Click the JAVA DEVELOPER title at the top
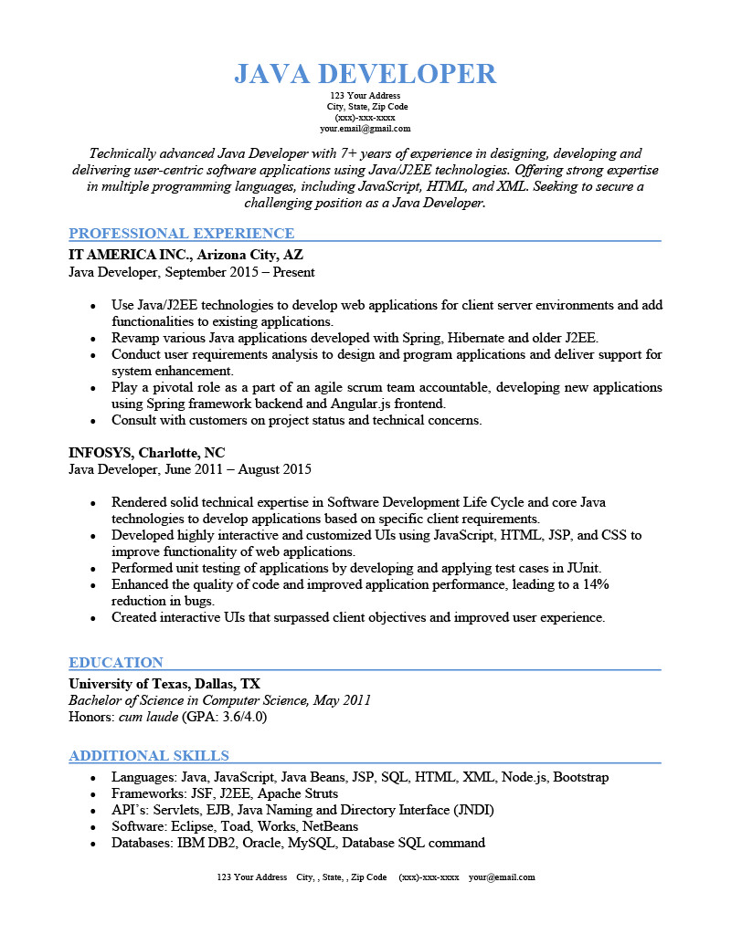click(365, 74)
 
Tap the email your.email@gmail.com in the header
click(365, 129)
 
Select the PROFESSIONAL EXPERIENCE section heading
click(182, 234)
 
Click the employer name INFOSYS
click(100, 453)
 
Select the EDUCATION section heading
click(116, 663)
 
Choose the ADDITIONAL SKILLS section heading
click(149, 756)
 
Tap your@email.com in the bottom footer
click(502, 877)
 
